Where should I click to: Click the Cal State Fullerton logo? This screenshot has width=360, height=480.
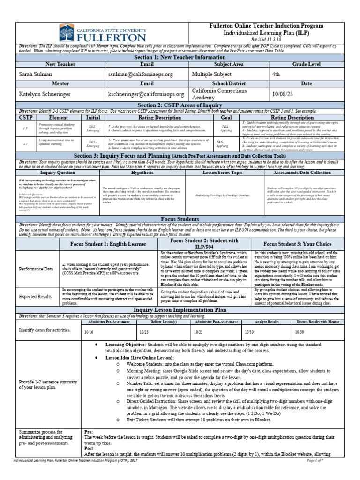tap(103, 33)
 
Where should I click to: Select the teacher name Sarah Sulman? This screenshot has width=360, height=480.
tap(36, 74)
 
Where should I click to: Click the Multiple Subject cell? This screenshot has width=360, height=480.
tap(211, 74)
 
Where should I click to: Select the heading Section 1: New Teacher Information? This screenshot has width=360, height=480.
tap(180, 57)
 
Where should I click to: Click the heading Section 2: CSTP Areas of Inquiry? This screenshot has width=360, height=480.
tap(180, 105)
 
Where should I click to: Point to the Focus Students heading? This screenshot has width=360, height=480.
tap(180, 219)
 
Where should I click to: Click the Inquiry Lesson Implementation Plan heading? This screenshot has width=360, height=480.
tap(180, 310)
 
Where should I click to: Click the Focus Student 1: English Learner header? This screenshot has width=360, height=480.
tap(108, 244)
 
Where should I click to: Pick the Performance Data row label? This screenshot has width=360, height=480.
tap(36, 269)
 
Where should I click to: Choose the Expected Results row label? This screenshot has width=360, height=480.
tap(35, 297)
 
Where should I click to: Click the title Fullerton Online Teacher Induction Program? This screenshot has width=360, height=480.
tap(266, 27)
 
